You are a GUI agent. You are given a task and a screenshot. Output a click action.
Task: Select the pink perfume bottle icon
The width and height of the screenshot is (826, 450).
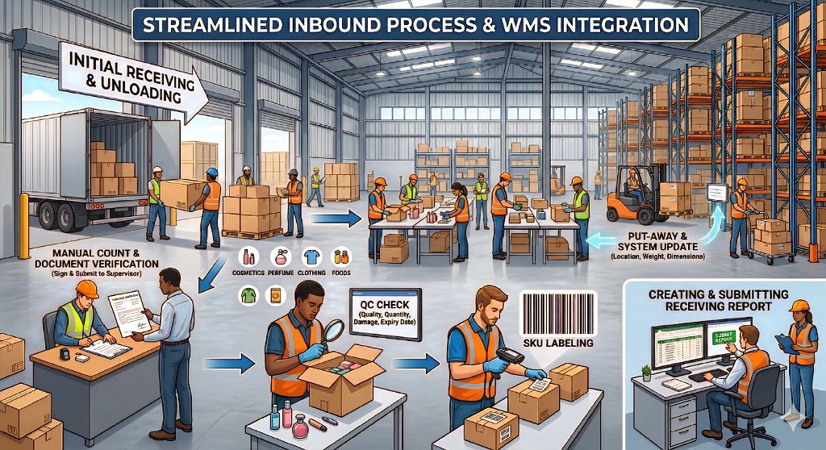point(281,258)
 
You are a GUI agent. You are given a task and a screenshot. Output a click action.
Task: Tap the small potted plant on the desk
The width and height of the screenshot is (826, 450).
point(646,373)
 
